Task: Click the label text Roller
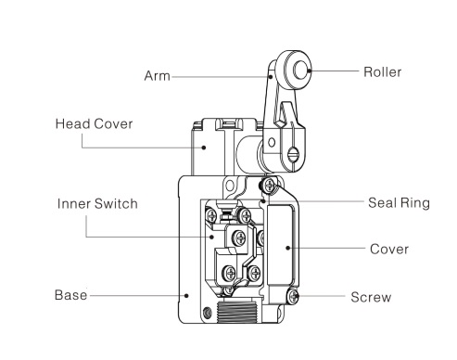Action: point(382,72)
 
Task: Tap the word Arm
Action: point(157,76)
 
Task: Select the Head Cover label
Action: point(94,123)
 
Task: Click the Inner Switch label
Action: point(97,204)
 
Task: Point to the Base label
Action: point(70,295)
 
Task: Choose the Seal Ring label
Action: point(399,203)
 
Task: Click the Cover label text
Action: point(389,249)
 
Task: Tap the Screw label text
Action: point(371,297)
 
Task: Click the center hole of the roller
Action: point(300,70)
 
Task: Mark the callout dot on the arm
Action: point(271,76)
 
